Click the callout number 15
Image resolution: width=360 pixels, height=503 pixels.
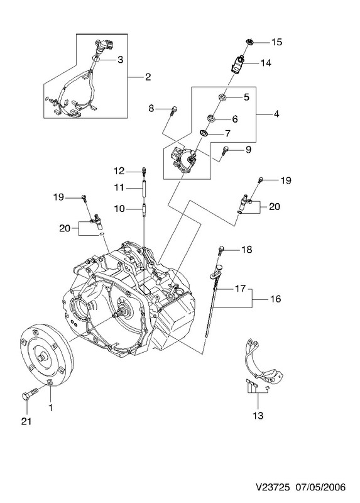276,42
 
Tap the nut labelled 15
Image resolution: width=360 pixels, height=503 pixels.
249,41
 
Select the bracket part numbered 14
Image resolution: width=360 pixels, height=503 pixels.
237,65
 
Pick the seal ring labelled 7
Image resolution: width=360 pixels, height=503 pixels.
203,133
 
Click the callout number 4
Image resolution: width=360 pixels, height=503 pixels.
276,114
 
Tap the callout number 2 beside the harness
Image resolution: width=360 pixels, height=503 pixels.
148,77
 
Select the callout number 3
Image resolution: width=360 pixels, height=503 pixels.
120,60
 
